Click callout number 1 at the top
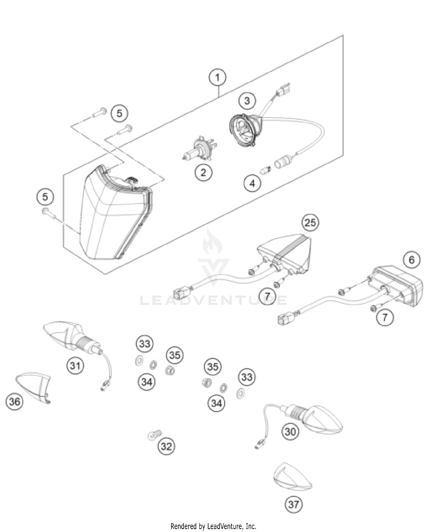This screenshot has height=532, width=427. [x=217, y=77]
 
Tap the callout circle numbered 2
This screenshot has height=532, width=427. [x=203, y=172]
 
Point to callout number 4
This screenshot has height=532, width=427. [x=252, y=183]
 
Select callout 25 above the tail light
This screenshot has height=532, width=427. [x=310, y=222]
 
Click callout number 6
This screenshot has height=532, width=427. [x=412, y=259]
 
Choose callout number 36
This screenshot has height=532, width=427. [x=15, y=401]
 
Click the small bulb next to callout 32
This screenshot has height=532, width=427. [x=155, y=435]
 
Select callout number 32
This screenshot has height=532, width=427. [x=166, y=446]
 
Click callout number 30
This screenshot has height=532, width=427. [x=290, y=432]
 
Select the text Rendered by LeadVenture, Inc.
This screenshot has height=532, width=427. [x=213, y=526]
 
